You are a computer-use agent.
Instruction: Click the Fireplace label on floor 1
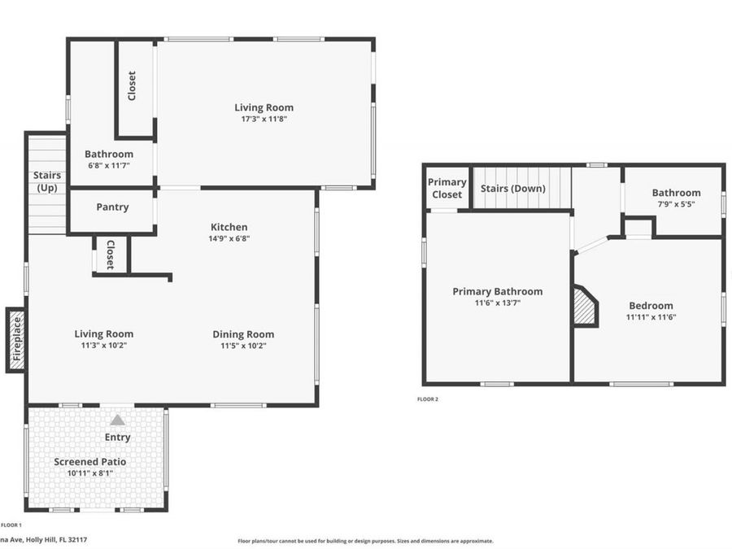tap(16, 340)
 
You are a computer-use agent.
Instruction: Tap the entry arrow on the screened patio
tap(118, 420)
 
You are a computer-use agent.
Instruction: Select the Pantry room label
tap(112, 207)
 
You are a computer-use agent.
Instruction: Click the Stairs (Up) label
tap(46, 181)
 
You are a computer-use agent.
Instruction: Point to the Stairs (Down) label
tap(513, 189)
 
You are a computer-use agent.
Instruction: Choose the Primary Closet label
tap(447, 188)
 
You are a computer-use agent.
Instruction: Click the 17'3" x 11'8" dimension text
tap(264, 119)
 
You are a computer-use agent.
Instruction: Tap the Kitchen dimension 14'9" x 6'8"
tap(229, 239)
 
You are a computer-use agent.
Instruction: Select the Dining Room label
tap(243, 334)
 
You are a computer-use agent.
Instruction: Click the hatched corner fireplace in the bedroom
tap(585, 307)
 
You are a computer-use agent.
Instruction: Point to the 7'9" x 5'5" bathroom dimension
tap(676, 204)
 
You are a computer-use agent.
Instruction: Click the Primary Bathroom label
tap(497, 291)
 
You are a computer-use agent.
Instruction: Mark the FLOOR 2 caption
tap(428, 399)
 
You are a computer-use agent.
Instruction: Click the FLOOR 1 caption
tap(11, 525)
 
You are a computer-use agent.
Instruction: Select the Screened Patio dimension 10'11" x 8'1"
tap(89, 473)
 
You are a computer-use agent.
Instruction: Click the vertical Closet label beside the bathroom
tap(132, 86)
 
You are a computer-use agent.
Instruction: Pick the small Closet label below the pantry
tap(111, 255)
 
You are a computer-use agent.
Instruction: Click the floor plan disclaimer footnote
tap(365, 541)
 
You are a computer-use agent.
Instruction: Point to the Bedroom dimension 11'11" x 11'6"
tap(651, 317)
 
